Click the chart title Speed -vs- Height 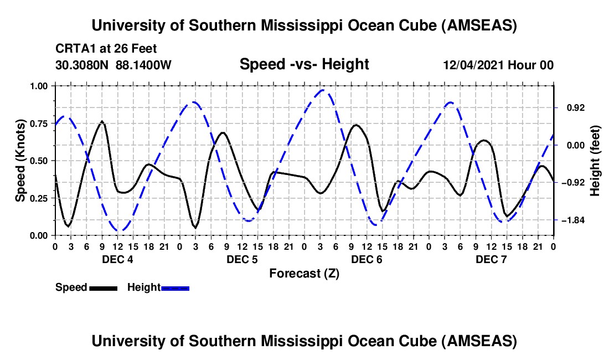pos(304,64)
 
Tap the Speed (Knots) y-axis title pos(20,161)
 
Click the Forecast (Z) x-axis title pos(304,273)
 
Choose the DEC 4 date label pos(117,259)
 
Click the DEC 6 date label pos(366,259)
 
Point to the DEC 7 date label pos(491,259)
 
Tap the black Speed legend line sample pos(103,287)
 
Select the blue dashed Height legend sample pos(175,287)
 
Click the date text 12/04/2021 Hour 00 pos(498,65)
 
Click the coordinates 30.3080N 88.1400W pos(113,65)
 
